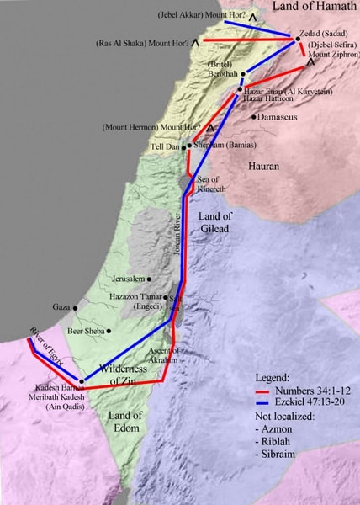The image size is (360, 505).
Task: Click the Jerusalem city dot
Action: pyautogui.click(x=150, y=279)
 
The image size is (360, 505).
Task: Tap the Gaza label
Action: pyautogui.click(x=61, y=308)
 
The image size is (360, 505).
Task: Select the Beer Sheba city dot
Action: pyautogui.click(x=109, y=332)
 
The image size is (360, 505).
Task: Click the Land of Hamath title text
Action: pyautogui.click(x=311, y=8)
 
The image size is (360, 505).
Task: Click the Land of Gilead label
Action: pyautogui.click(x=220, y=222)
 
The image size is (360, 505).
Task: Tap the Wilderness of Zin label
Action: pyautogui.click(x=117, y=375)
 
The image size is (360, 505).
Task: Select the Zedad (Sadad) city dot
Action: pyautogui.click(x=297, y=39)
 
